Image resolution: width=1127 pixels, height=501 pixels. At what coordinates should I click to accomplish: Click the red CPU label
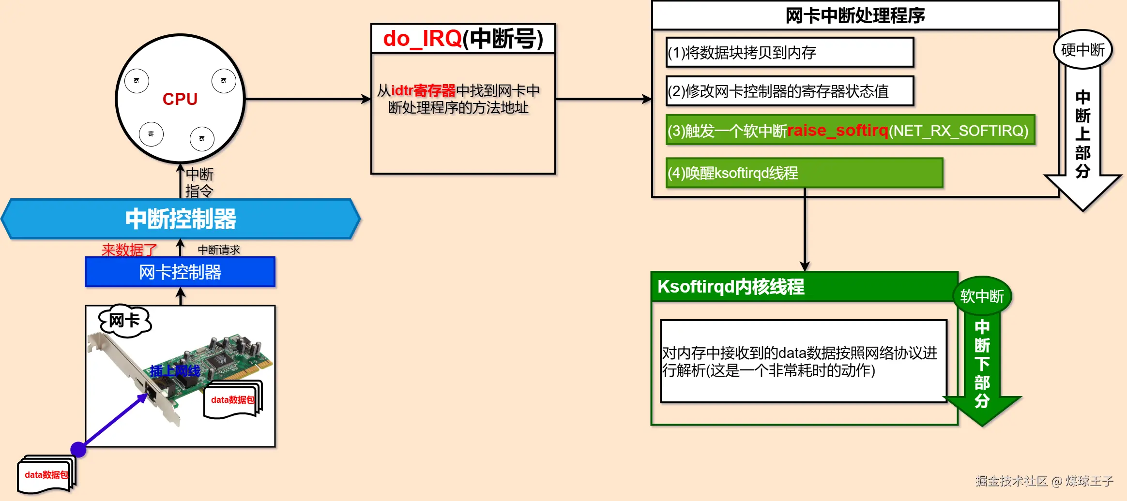tap(180, 99)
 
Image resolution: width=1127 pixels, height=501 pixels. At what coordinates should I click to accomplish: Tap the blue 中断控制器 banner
tap(180, 219)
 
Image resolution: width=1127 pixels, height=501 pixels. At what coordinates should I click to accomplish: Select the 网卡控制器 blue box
tap(180, 272)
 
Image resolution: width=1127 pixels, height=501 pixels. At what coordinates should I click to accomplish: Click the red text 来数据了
tap(129, 250)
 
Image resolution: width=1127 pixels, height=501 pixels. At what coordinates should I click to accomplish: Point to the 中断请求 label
tap(219, 250)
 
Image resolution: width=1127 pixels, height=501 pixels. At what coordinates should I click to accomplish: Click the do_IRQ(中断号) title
tap(463, 39)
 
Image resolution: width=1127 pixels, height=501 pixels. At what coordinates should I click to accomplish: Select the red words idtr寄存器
tap(423, 90)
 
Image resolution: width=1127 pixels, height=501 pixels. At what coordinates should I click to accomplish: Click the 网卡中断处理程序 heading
tap(855, 15)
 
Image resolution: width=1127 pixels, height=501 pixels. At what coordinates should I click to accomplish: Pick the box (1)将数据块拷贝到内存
tap(790, 52)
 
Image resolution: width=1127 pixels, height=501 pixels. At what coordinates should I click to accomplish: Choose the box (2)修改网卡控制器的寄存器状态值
tap(790, 91)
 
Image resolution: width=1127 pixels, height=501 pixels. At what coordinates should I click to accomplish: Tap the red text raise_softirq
tap(838, 130)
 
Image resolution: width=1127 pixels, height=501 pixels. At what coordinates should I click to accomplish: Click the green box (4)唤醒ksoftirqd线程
tap(804, 173)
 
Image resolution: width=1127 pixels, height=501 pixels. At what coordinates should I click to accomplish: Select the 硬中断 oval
tap(1082, 49)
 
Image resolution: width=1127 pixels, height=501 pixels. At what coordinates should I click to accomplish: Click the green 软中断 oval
tap(982, 296)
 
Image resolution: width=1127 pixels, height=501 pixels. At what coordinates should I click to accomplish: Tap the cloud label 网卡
tap(125, 320)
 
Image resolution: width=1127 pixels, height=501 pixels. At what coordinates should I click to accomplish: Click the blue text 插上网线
tap(175, 371)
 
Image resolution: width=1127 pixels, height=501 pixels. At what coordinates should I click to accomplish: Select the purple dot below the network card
tap(78, 449)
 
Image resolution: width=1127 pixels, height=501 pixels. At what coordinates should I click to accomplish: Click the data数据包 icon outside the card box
tap(46, 474)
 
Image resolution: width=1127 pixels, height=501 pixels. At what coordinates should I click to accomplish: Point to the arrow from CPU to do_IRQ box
tap(307, 99)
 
